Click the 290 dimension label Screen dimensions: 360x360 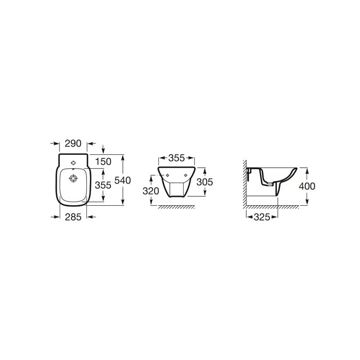[x=73, y=143]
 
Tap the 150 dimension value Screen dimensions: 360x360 [x=103, y=161]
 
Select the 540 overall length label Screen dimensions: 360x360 [x=122, y=180]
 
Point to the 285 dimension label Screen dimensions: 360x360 [x=73, y=217]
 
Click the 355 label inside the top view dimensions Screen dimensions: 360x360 [x=103, y=185]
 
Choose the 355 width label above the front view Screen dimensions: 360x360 [x=176, y=158]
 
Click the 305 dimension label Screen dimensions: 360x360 [x=205, y=182]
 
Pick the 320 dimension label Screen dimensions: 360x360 [x=151, y=191]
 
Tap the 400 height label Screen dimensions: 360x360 [x=307, y=186]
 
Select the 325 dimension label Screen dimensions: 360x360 [x=262, y=217]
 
